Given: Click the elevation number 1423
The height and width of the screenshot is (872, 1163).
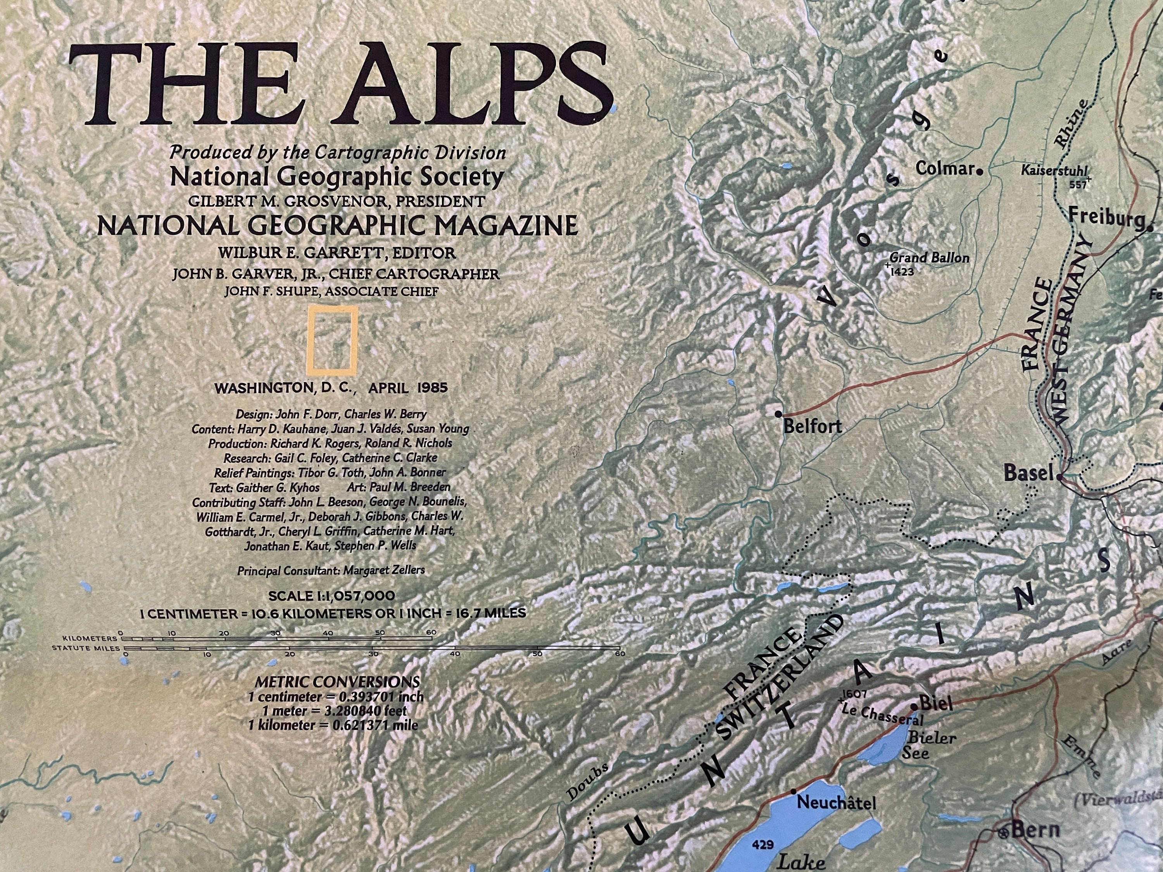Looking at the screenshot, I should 902,272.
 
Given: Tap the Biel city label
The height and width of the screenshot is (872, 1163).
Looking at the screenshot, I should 936,703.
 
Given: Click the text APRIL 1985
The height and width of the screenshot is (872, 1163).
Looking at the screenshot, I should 407,388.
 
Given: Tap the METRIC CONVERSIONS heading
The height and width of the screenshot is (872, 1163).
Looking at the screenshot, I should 337,682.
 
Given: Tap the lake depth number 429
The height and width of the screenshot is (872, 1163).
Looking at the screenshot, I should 763,845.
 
